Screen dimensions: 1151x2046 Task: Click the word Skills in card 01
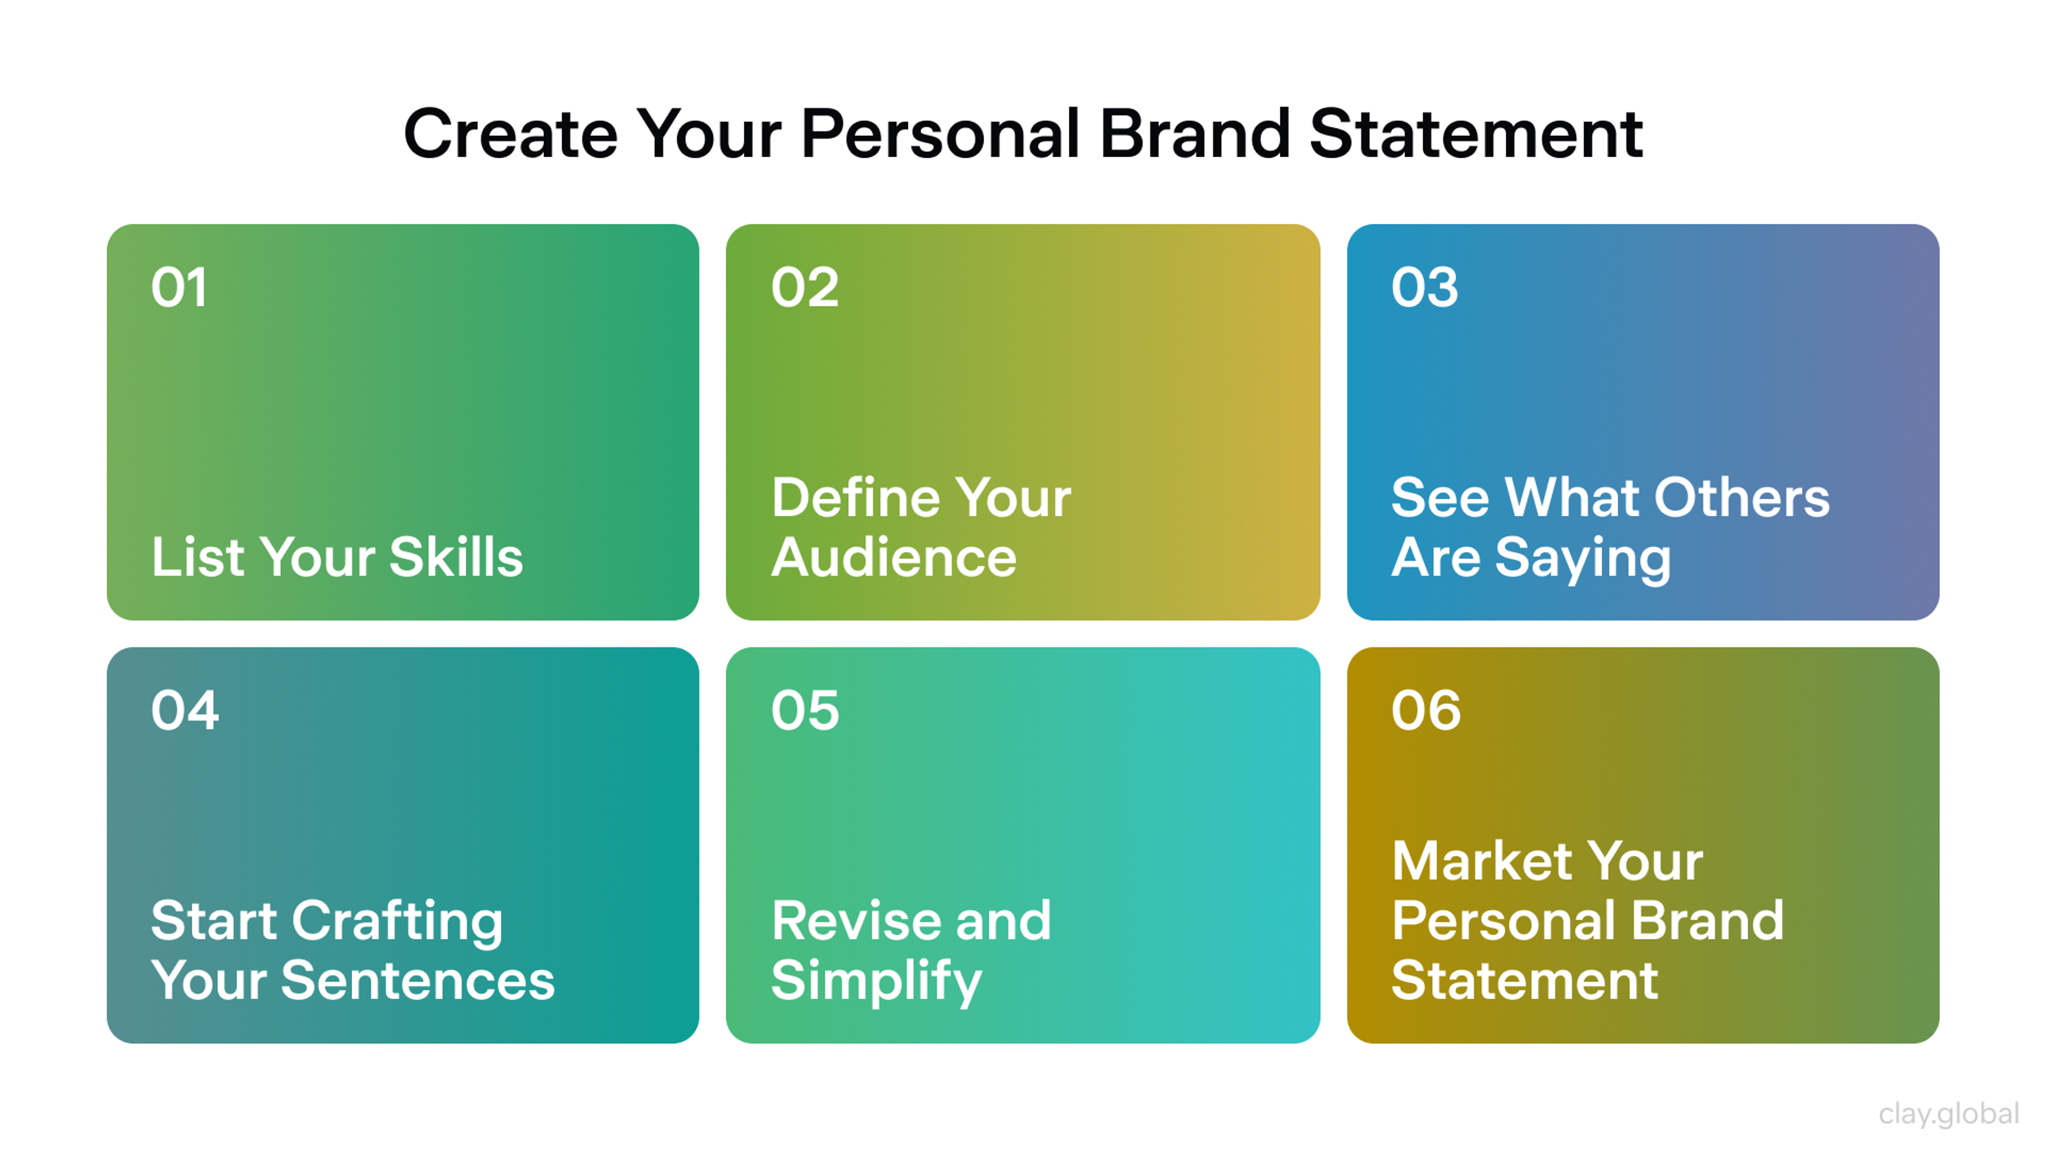coord(456,557)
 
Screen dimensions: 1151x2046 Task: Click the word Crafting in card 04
coord(397,921)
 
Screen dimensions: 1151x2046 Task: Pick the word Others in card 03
coord(1743,498)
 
